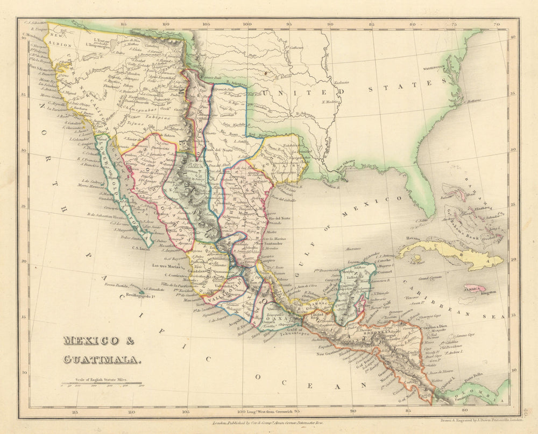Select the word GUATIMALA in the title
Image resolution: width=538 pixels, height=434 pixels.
click(101, 359)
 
